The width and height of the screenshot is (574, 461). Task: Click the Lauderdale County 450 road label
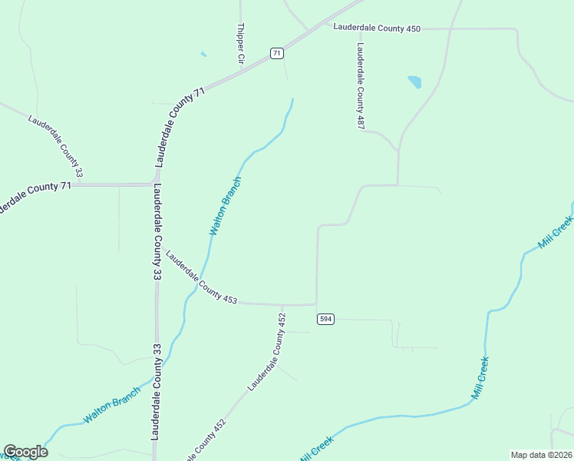[x=377, y=28]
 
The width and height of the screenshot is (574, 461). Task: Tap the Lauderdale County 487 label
[x=358, y=85]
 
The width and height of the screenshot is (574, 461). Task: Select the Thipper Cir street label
[x=240, y=43]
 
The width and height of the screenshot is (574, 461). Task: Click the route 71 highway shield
[x=277, y=53]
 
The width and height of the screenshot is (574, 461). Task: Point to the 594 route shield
[x=325, y=319]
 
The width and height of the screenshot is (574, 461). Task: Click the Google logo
[x=25, y=452]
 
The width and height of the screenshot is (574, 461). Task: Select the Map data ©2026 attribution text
[x=540, y=454]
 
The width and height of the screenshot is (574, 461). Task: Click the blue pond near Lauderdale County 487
[x=414, y=81]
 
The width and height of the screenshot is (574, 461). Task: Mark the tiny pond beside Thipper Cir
[x=203, y=54]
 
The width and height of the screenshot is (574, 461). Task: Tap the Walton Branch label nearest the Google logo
[x=112, y=404]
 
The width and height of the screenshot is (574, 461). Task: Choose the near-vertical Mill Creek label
[x=480, y=378]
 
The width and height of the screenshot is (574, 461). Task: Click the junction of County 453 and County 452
[x=282, y=304]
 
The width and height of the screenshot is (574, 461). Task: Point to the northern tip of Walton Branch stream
[x=292, y=98]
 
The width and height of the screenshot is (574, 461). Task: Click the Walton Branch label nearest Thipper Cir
[x=226, y=206]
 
